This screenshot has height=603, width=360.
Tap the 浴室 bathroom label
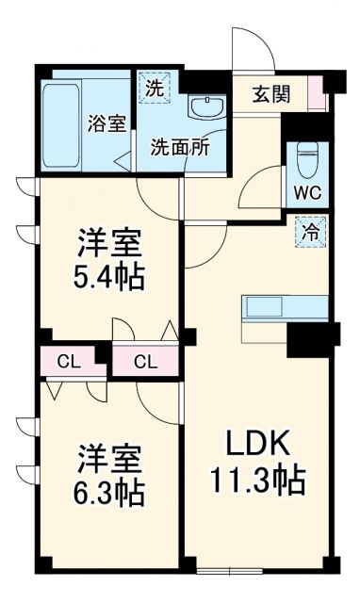[106, 122]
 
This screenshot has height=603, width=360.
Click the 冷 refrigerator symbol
[309, 228]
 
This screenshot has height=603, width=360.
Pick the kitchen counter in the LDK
[286, 308]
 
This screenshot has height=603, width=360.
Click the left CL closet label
[66, 360]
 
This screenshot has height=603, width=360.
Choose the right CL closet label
[144, 360]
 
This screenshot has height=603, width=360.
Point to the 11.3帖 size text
[256, 481]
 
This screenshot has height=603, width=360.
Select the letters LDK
[253, 444]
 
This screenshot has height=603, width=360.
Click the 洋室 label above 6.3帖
[109, 459]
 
